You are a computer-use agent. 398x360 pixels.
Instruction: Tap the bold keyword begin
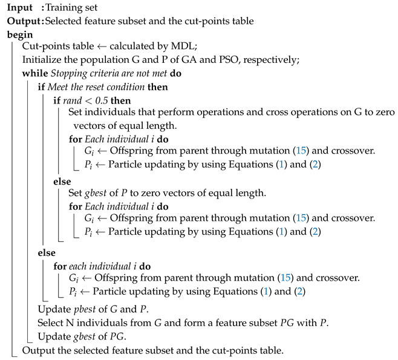click(x=20, y=35)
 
